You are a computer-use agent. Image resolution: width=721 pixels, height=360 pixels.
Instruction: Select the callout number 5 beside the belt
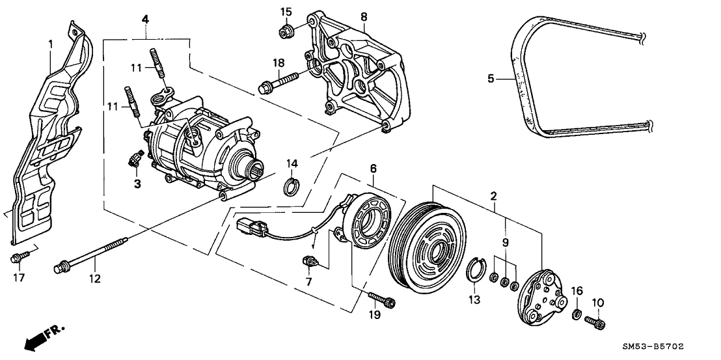[x=491, y=79]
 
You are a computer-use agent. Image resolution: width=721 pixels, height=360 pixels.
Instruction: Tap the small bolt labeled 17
[x=17, y=258]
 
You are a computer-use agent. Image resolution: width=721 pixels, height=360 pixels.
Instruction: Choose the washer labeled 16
[x=576, y=315]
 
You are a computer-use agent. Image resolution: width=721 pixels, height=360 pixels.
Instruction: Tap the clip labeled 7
[x=310, y=263]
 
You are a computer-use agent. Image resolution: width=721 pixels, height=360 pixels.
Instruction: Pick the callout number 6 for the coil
[x=373, y=168]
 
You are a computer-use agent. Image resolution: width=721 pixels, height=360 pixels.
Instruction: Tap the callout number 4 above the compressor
[x=144, y=20]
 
